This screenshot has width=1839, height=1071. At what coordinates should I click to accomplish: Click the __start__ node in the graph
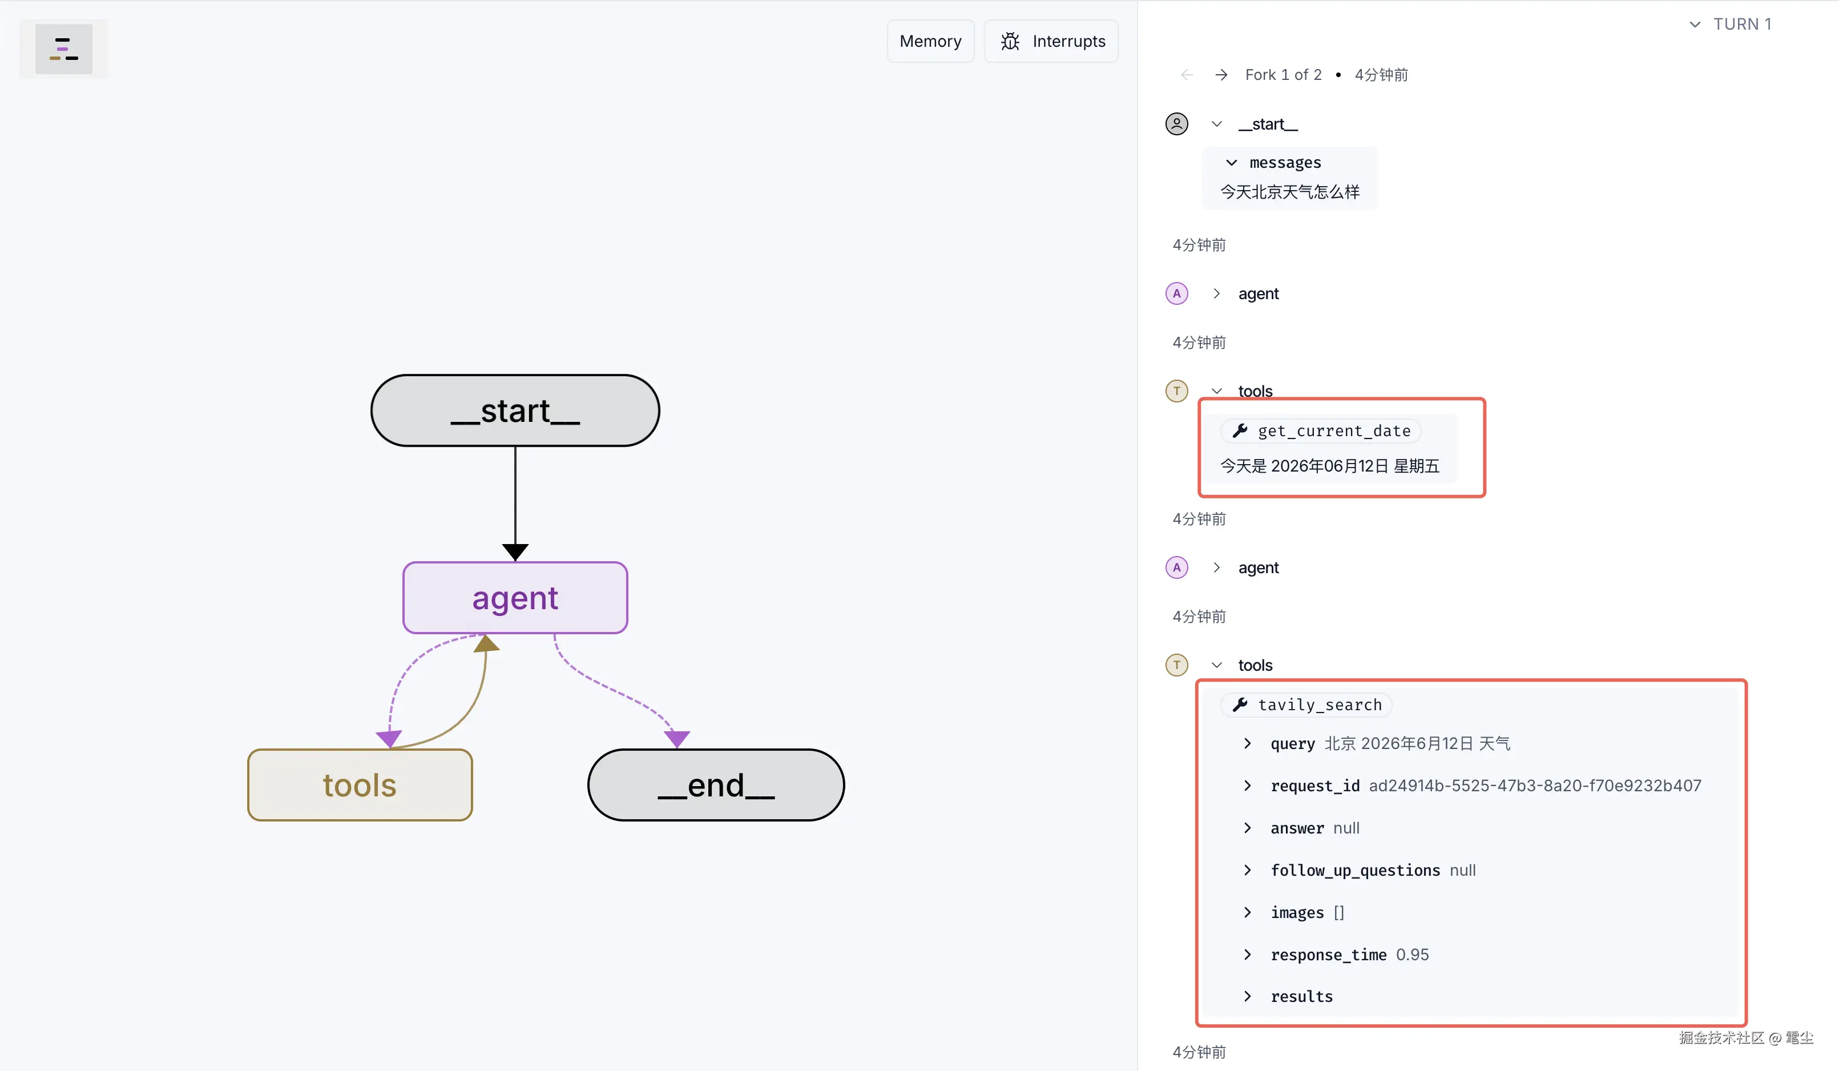pos(515,410)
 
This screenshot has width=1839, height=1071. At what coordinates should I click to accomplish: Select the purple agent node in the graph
pos(515,598)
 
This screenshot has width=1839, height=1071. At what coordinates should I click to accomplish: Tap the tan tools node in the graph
pos(360,785)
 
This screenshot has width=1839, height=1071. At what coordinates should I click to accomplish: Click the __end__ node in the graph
pos(716,785)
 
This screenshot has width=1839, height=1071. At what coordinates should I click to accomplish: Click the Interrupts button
pos(1051,42)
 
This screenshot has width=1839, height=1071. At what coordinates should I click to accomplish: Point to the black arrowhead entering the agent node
pos(515,552)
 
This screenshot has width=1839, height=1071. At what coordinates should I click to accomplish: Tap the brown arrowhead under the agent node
pos(487,643)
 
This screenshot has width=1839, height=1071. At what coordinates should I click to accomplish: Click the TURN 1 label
pos(1742,24)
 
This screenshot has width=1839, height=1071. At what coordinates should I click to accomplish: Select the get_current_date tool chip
pos(1321,430)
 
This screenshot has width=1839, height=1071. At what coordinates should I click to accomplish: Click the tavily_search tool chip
pos(1307,704)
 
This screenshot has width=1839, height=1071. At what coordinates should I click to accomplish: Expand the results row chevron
pos(1247,996)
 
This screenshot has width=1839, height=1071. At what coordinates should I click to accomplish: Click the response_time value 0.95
pos(1412,954)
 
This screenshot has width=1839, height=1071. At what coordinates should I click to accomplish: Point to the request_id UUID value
pos(1535,786)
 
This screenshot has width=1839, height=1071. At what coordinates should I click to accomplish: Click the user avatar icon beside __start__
pos(1176,124)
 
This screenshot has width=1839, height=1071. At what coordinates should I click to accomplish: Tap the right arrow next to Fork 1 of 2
pos(1221,74)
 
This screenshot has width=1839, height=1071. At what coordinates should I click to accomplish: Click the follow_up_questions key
pos(1355,870)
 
